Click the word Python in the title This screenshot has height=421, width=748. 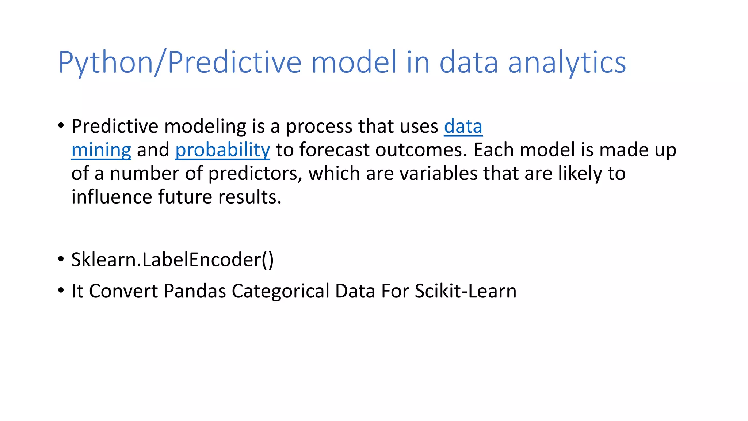click(x=105, y=63)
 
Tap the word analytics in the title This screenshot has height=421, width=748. click(x=567, y=63)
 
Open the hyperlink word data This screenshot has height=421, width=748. click(x=463, y=127)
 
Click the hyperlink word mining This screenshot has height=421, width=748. click(x=101, y=150)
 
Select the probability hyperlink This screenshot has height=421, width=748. click(x=222, y=150)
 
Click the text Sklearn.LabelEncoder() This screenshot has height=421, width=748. click(x=172, y=260)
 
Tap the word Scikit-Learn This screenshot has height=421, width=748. click(x=465, y=291)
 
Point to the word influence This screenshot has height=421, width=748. click(x=111, y=197)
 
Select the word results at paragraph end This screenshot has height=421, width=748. click(x=250, y=197)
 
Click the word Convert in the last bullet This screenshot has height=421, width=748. click(x=123, y=291)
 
